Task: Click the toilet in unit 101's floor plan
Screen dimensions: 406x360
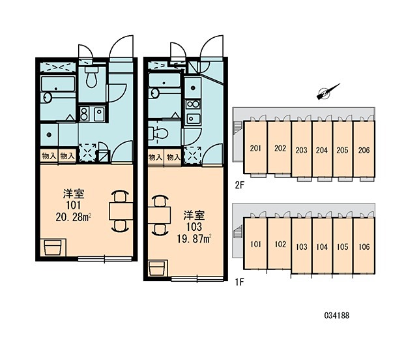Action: tap(91, 77)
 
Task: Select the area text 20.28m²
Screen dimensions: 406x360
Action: tap(74, 217)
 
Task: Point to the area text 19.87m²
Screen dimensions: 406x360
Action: tap(194, 239)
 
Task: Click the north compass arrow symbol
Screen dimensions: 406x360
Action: tap(328, 91)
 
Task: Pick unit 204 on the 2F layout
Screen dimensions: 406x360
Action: tap(321, 150)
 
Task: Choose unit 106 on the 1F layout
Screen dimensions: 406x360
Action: tap(364, 247)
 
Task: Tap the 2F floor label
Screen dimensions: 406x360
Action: tap(240, 185)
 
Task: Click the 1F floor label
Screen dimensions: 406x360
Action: tap(240, 282)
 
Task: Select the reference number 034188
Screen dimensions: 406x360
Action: tap(337, 316)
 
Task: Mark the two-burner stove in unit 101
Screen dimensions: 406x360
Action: tap(84, 114)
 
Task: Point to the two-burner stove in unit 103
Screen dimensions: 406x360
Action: tap(193, 104)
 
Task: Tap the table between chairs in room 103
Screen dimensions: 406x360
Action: tap(159, 215)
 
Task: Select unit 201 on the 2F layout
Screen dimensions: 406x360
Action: tap(255, 148)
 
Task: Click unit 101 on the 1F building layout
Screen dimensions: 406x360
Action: tap(255, 244)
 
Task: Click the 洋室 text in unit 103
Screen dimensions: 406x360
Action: tap(194, 216)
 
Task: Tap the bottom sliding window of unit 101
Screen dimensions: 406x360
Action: tap(105, 258)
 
